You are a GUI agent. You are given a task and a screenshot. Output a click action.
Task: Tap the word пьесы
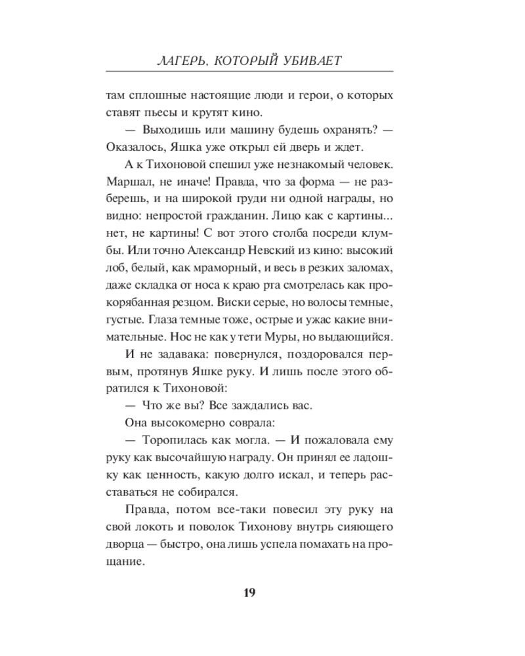coord(159,114)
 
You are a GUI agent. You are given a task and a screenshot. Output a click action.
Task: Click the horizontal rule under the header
coord(249,71)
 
